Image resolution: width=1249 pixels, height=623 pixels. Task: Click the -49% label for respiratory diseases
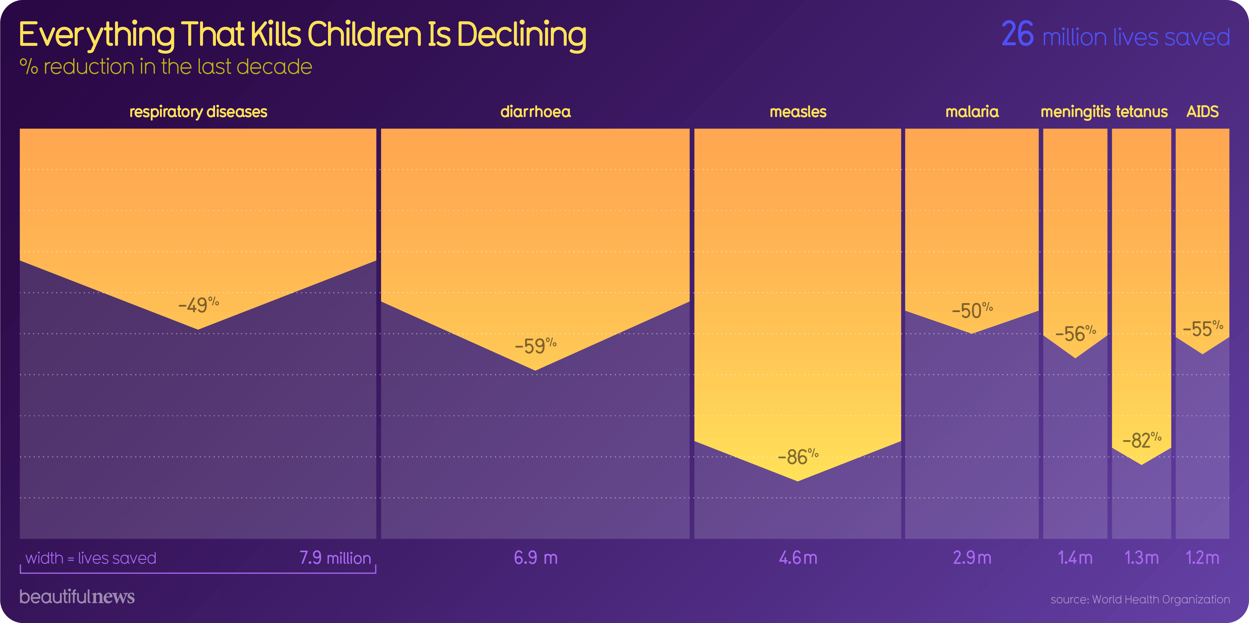(198, 305)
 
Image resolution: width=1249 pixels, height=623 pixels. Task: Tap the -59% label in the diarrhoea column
(535, 346)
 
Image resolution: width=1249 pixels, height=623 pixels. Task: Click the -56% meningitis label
(1075, 334)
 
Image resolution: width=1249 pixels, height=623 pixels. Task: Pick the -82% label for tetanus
(1141, 440)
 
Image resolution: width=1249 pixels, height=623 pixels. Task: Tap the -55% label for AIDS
(1203, 329)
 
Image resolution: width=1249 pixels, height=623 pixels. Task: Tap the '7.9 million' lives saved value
(335, 558)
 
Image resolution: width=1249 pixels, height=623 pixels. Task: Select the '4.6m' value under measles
(798, 558)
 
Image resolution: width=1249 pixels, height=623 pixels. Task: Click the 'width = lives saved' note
(91, 558)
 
